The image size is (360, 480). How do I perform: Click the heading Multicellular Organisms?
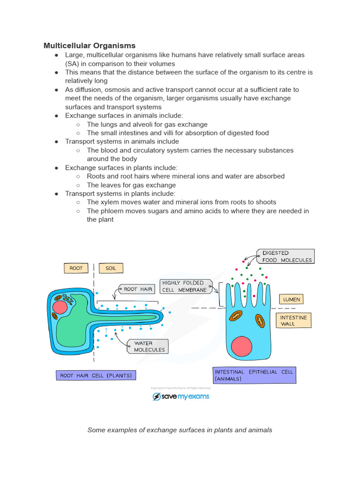click(x=90, y=45)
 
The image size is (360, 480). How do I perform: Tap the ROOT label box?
click(x=76, y=268)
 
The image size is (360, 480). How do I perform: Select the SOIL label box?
click(x=111, y=268)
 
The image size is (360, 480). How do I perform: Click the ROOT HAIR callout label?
click(x=137, y=289)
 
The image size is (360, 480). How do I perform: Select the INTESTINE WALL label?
click(x=293, y=321)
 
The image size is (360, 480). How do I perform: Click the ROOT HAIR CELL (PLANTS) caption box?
click(x=96, y=375)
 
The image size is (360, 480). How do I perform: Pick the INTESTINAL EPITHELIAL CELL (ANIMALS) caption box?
click(x=254, y=375)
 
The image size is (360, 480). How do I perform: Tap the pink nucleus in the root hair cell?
click(x=60, y=307)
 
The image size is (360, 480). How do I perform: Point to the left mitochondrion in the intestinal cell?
click(x=235, y=317)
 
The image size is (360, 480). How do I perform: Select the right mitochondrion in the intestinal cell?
click(x=260, y=321)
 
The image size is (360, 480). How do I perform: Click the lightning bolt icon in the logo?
click(x=157, y=397)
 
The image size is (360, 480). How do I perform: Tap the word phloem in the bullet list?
click(x=111, y=211)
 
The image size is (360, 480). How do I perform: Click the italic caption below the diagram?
click(x=180, y=430)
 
